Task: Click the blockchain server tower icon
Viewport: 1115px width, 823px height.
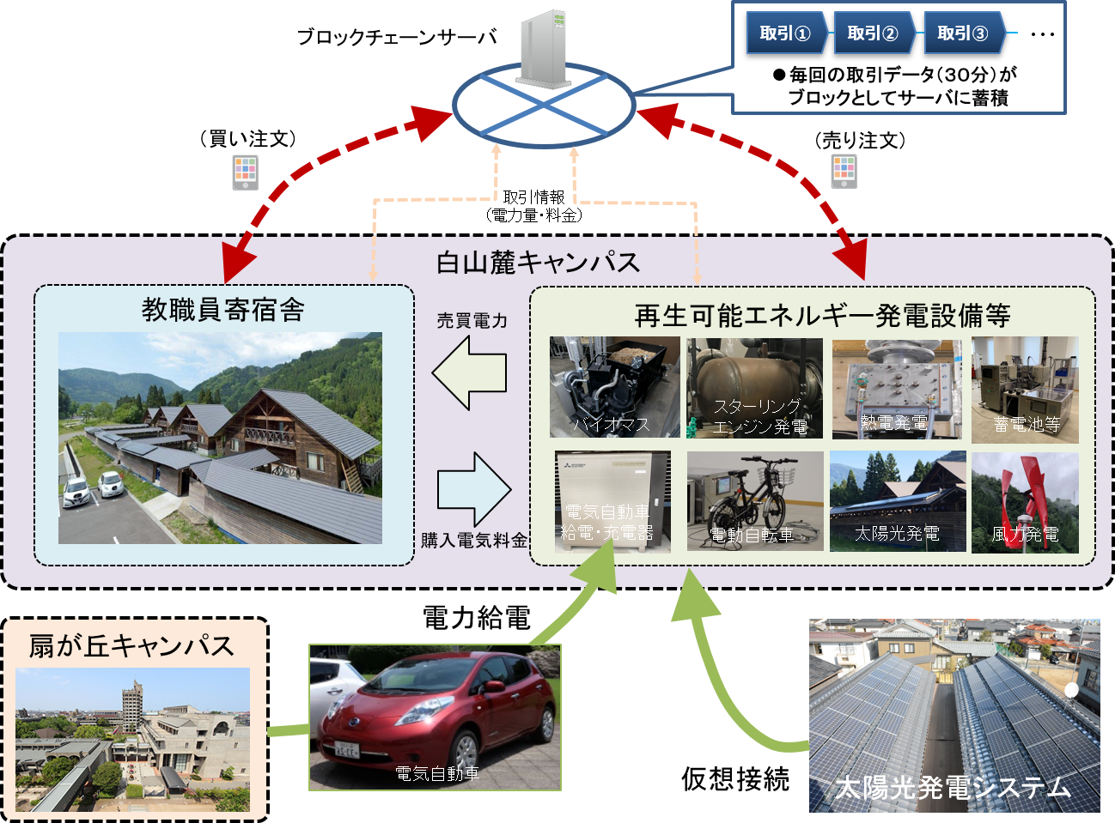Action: [x=545, y=47]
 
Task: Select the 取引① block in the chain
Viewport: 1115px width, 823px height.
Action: [x=784, y=33]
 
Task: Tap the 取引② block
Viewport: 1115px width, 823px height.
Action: [x=872, y=33]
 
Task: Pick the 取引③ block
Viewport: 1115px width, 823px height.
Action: [x=962, y=33]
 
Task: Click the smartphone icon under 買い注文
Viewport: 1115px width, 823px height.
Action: [x=245, y=172]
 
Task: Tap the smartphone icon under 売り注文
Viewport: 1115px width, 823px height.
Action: [x=844, y=171]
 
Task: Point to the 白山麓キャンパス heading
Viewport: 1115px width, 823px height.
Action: [x=538, y=262]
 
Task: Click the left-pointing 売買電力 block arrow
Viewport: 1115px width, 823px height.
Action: [x=469, y=372]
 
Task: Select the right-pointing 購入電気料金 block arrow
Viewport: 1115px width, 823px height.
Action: [x=473, y=489]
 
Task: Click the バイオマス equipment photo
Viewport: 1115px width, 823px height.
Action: [x=614, y=387]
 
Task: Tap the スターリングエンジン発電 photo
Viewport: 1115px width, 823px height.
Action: [x=755, y=387]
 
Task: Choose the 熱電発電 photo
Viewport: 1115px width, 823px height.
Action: [x=896, y=387]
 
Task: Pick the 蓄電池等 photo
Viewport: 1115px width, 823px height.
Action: [x=1025, y=389]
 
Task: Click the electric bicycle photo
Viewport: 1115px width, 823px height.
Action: [x=754, y=501]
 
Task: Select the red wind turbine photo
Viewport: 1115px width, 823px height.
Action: [x=1025, y=501]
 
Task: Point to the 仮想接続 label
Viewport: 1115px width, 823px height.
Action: [x=735, y=778]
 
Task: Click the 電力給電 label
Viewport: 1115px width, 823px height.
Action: [x=477, y=617]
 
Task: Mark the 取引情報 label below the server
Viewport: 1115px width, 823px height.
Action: [x=533, y=198]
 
